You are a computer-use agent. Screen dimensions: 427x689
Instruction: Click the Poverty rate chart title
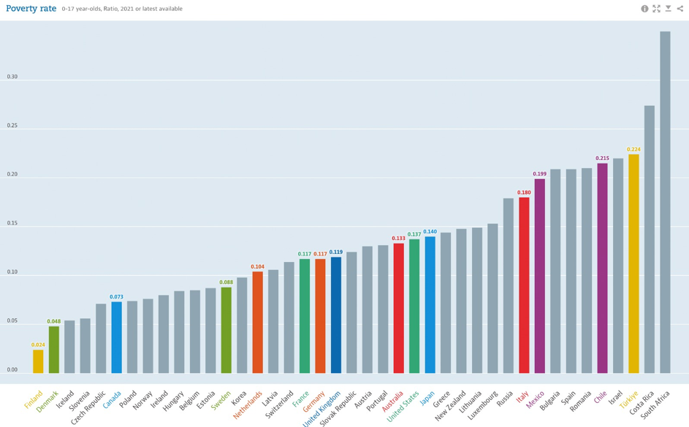31,9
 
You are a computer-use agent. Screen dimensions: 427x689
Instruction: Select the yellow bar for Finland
38,361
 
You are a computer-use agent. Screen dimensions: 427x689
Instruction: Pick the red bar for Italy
524,285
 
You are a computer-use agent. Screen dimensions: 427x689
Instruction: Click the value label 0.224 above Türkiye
633,150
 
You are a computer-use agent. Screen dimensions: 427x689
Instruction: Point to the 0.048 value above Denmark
54,322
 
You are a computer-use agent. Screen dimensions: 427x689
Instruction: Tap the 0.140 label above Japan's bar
430,232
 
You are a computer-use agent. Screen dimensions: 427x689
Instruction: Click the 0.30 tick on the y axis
12,77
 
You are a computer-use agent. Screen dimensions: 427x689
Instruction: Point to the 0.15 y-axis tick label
12,223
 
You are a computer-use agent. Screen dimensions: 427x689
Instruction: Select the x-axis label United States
404,407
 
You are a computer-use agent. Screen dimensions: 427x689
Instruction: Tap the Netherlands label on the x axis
248,405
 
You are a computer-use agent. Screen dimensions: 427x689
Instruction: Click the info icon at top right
644,9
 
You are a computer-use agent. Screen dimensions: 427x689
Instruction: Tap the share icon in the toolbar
680,9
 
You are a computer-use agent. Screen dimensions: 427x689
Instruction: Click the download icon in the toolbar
668,9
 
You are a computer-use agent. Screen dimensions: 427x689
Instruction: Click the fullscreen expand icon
656,9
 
